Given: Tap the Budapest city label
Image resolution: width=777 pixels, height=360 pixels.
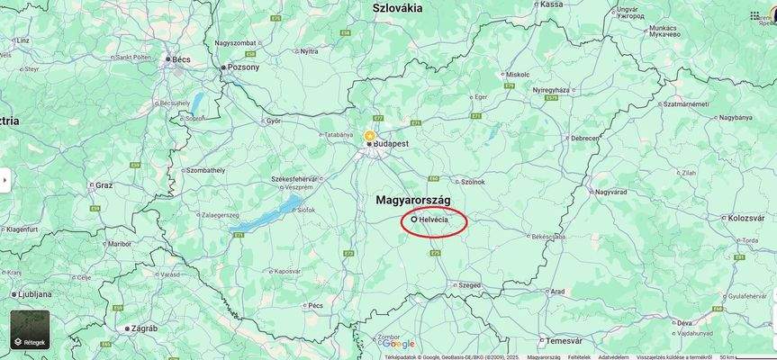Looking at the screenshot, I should pos(392,143).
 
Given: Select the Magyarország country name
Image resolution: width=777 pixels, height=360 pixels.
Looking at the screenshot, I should pos(413,199).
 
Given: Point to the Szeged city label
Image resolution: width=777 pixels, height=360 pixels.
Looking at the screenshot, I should pos(469,284).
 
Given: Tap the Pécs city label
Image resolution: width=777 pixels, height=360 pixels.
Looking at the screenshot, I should pos(315,305).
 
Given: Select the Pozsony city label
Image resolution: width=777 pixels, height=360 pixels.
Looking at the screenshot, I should pos(244,67).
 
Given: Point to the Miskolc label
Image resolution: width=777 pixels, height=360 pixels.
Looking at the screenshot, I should pos(518,74).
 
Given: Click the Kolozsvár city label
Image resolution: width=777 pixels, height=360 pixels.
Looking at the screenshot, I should pos(746,218).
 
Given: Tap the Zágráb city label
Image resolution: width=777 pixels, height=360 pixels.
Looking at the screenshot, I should pos(144,328).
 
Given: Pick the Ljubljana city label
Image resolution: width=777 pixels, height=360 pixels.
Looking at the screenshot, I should pos(33,294).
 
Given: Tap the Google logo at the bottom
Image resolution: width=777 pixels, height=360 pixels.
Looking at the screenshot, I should pos(397,344).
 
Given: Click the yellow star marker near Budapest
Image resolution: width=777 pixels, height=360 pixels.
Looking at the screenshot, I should pos(369,136).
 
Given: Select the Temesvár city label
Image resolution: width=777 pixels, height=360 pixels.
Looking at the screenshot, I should pos(564,341).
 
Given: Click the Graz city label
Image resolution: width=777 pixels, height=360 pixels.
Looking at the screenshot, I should pos(104,184).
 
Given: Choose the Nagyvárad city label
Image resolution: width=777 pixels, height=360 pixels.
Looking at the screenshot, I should pos(610,192).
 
